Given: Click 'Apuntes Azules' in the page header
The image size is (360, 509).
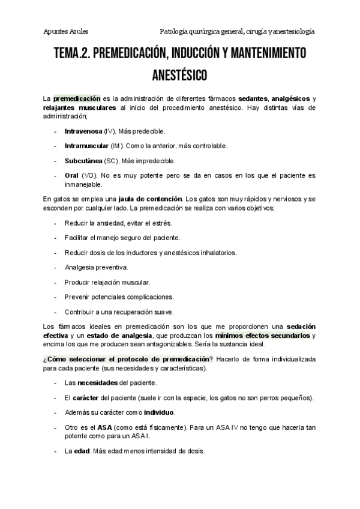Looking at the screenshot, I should coord(66,31).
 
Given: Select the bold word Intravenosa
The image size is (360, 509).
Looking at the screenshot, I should coord(83,130).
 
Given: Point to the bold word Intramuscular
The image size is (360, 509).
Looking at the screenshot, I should coord(86,146).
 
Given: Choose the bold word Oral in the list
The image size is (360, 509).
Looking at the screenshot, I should coord(71,176).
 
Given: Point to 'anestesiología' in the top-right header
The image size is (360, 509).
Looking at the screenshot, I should coord(291,31).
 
